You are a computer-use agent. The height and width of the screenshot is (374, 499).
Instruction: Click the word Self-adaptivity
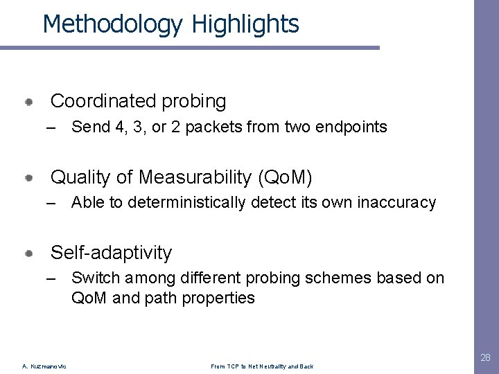(111, 253)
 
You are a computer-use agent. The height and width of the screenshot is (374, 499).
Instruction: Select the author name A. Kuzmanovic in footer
(44, 366)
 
